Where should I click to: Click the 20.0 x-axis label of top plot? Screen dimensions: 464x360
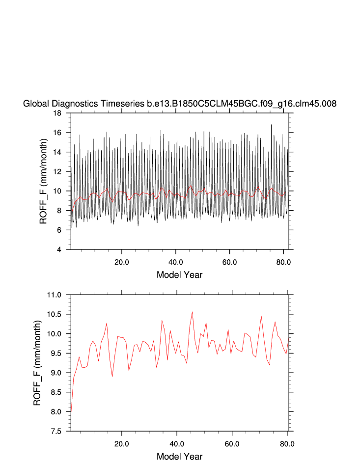tap(121, 262)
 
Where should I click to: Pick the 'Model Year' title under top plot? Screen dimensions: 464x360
tap(179, 274)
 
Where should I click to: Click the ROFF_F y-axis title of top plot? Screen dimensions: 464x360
tap(43, 181)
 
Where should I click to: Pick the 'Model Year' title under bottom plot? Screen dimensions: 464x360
tap(179, 456)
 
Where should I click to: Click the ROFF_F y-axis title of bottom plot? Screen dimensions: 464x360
tap(37, 363)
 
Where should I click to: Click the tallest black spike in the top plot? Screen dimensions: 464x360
tap(271, 125)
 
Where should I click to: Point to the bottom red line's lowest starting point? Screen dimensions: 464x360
tap(71, 407)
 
